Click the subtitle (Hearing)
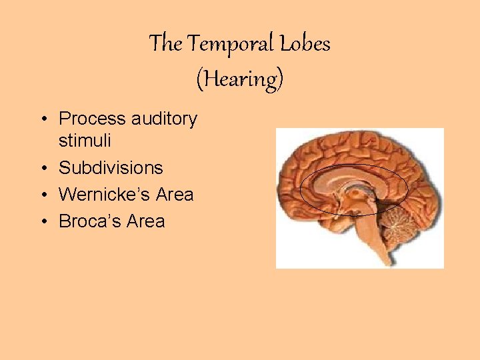tap(239, 79)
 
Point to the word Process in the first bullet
tap(92, 119)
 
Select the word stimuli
tap(85, 141)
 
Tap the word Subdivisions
tap(111, 167)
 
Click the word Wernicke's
tap(104, 194)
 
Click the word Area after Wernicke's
tap(174, 194)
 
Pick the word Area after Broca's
tap(145, 221)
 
